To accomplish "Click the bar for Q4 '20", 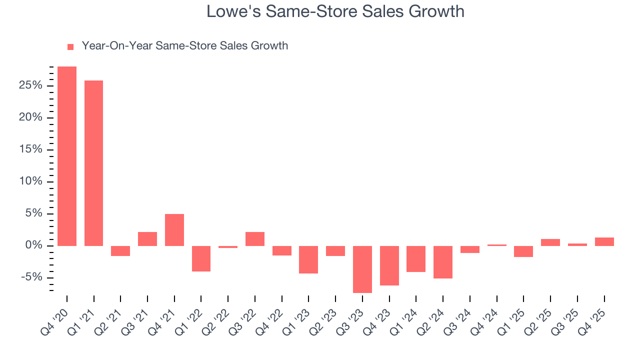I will coord(67,156).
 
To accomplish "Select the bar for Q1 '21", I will coord(94,163).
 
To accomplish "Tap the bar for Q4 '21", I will coord(174,229).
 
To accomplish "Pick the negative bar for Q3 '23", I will coord(362,269).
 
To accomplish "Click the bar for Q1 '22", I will coord(201,258).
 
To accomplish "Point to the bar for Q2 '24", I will coord(443,262).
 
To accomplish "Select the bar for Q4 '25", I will coord(604,241).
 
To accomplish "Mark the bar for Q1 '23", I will coord(308,259).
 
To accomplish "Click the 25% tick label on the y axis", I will coord(31,86).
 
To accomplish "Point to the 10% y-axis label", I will coord(31,181).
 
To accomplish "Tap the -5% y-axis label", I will coord(31,277).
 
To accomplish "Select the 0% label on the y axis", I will coord(34,245).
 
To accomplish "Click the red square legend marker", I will coord(70,46).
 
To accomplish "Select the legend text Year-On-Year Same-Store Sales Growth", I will coord(184,46).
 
